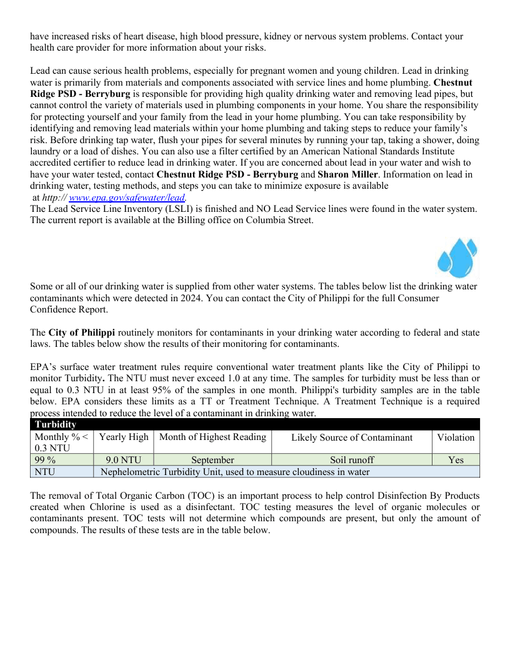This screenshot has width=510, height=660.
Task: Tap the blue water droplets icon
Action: [x=457, y=257]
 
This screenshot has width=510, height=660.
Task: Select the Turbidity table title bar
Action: [x=255, y=424]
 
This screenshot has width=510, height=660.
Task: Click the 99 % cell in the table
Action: [x=61, y=460]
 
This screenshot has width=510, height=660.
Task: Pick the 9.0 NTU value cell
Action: [x=123, y=460]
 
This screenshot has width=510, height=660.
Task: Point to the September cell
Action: [x=212, y=460]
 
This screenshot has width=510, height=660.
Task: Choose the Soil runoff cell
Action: [x=352, y=460]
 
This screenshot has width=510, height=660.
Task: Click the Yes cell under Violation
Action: [x=456, y=460]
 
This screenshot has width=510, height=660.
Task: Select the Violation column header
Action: [x=456, y=437]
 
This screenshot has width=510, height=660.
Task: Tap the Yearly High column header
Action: [x=124, y=437]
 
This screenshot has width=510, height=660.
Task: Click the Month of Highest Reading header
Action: [x=212, y=437]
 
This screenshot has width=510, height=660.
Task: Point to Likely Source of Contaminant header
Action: [x=352, y=437]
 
